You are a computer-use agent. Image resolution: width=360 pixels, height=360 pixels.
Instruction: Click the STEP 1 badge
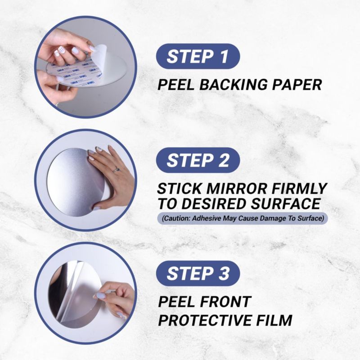pyautogui.click(x=198, y=56)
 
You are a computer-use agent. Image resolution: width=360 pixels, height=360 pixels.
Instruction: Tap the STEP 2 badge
pyautogui.click(x=198, y=160)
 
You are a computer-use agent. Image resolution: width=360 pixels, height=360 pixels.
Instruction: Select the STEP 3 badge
pyautogui.click(x=198, y=274)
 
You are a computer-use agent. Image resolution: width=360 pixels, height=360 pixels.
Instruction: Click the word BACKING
pyautogui.click(x=233, y=84)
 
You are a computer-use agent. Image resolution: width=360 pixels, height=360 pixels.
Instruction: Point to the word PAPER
pyautogui.click(x=297, y=84)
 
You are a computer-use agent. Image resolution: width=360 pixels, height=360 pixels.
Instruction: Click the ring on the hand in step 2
pyautogui.click(x=116, y=170)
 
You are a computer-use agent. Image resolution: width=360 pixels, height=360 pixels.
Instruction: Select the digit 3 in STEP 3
pyautogui.click(x=224, y=274)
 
